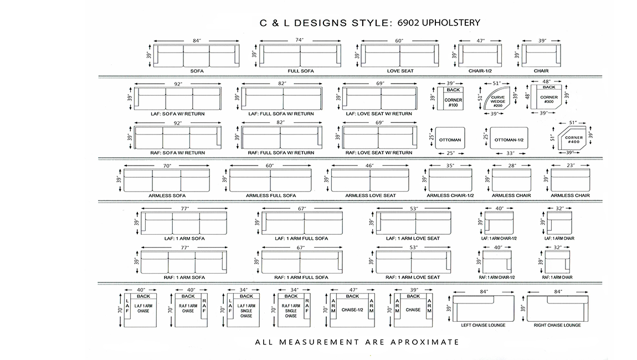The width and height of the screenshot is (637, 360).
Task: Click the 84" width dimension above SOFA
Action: (197, 40)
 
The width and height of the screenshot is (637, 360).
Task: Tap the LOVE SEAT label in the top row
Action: (400, 71)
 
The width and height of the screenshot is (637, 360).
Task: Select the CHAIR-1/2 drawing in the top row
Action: (480, 56)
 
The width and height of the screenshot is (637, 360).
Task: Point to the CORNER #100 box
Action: (450, 98)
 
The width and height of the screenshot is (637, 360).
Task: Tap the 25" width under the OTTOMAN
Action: (450, 153)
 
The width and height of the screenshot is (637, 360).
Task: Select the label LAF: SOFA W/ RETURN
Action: (178, 114)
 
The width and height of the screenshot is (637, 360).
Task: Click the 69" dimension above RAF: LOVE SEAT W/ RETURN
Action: (379, 122)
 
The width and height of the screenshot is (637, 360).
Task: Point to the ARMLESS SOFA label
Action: (167, 196)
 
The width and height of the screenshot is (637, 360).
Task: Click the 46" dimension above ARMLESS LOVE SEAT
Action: (369, 166)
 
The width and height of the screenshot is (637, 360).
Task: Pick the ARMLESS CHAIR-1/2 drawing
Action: (450, 180)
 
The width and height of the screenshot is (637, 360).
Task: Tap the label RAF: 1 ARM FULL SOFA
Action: (301, 277)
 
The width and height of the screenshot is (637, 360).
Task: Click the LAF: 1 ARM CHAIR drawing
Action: (559, 223)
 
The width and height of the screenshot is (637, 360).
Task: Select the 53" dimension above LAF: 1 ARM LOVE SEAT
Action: (414, 208)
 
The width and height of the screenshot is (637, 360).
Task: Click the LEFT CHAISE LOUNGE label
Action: (483, 325)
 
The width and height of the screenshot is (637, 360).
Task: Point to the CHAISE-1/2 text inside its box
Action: (352, 310)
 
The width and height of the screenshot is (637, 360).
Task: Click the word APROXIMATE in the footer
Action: (424, 342)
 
